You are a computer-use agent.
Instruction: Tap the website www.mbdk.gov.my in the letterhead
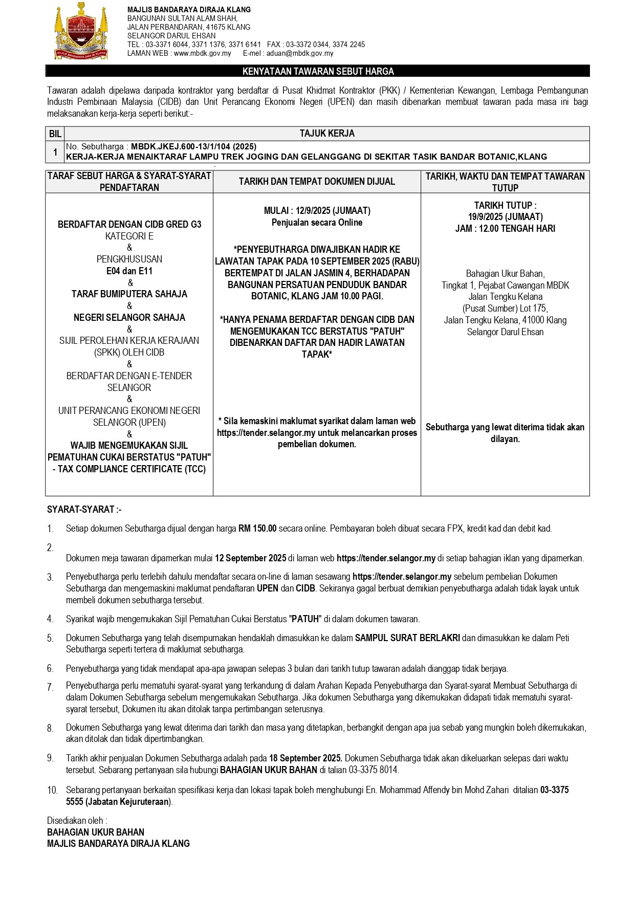click(x=202, y=53)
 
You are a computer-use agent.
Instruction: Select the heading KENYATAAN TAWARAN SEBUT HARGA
click(x=318, y=72)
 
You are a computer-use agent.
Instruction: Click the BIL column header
click(x=55, y=134)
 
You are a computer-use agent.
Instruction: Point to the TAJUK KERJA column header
click(x=327, y=134)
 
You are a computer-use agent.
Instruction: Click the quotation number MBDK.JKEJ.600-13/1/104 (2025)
click(x=194, y=147)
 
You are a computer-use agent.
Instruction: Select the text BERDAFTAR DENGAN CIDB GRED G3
click(x=129, y=224)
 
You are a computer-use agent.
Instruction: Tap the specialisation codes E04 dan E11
click(x=129, y=271)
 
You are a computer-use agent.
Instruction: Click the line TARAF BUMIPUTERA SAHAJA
click(x=129, y=294)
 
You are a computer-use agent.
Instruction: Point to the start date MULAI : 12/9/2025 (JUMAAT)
click(x=317, y=210)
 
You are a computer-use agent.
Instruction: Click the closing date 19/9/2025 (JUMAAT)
click(x=505, y=216)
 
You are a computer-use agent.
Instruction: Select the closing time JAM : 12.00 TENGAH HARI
click(x=505, y=228)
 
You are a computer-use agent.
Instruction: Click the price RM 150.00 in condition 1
click(x=257, y=529)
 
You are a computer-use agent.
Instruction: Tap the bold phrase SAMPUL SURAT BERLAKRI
click(x=407, y=638)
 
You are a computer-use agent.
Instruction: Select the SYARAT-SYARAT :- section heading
click(x=84, y=510)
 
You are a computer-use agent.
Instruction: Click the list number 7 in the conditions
click(x=50, y=687)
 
